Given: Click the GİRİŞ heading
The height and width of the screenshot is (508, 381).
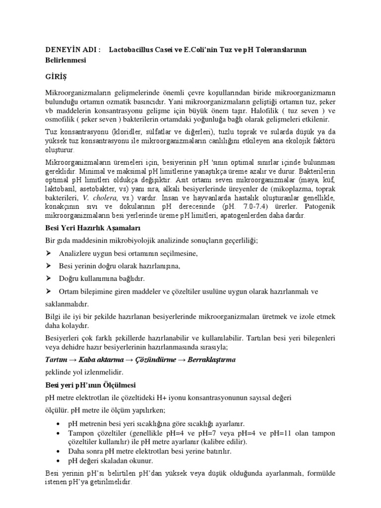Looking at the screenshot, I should (x=56, y=76).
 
